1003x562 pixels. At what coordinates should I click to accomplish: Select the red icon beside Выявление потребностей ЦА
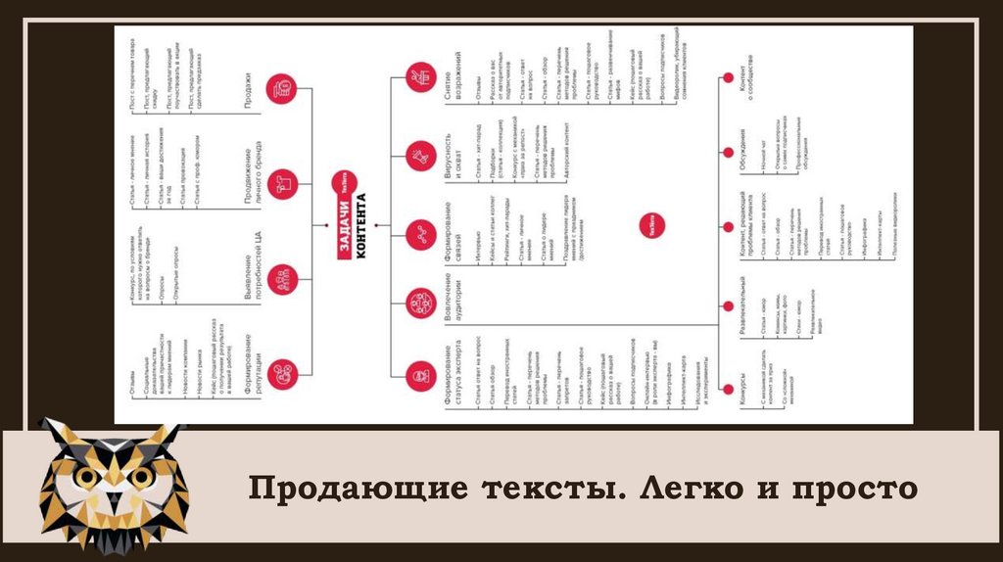282,276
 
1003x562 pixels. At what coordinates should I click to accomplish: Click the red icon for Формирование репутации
282,370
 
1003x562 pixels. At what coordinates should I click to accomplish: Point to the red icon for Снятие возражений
421,75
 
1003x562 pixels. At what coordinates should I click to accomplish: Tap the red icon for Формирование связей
421,234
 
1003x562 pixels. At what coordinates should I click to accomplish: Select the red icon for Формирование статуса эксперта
421,373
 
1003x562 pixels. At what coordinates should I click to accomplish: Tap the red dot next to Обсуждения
726,151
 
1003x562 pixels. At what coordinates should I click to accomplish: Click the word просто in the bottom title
854,487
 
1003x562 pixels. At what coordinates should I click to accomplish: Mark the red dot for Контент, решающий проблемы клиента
726,227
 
